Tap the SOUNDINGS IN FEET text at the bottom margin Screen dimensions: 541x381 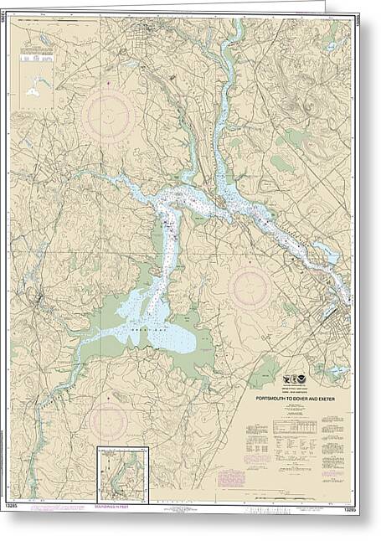(x=124, y=503)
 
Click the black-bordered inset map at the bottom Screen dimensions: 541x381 (x=122, y=474)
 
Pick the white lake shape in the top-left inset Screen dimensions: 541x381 (x=34, y=85)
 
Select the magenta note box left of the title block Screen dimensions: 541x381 (x=229, y=478)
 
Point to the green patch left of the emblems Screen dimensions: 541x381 (x=264, y=371)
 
